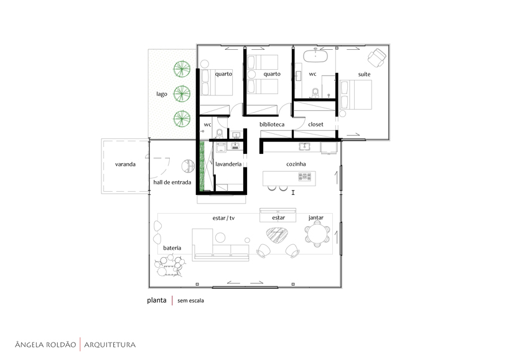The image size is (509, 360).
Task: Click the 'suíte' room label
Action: pos(364,74)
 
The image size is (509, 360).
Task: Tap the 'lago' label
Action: pos(162,94)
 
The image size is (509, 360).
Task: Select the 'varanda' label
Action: pos(125,164)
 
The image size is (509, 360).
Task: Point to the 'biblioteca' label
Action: pos(272,124)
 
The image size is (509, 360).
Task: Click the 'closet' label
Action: pos(316,124)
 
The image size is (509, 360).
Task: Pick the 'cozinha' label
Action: pos(296,164)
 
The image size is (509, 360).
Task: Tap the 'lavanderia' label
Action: pos(228,164)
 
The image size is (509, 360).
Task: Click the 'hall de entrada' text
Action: pos(172,182)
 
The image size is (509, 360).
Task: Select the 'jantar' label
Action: pos(316,218)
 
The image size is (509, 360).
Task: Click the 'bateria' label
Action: pos(172,248)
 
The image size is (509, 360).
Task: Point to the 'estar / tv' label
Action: pos(223,218)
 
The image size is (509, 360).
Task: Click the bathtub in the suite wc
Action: pos(315,55)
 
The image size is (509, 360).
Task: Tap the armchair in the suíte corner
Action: pos(377,58)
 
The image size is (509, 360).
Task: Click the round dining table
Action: pos(317,234)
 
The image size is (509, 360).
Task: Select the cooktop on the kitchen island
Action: pos(305,177)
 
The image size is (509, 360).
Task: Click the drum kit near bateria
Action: pos(170,265)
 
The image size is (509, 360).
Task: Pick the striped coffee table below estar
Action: pos(277,235)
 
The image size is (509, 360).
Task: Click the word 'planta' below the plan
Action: pos(157,300)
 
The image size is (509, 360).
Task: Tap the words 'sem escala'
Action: pos(191,301)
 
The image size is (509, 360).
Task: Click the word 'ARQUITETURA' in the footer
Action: pos(110,344)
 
